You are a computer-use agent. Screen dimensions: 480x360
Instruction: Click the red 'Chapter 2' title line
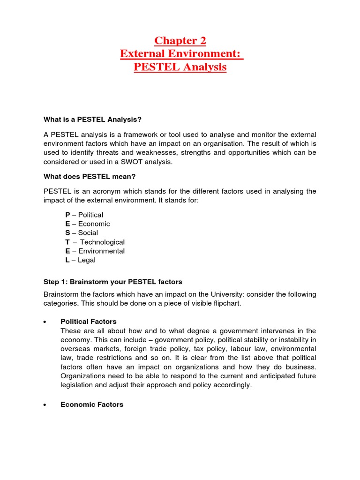click(x=180, y=41)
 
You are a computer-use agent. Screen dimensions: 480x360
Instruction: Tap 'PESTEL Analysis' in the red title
click(x=180, y=67)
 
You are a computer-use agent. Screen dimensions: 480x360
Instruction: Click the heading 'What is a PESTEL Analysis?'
click(x=92, y=119)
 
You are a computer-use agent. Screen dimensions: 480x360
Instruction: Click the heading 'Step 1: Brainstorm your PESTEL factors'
click(x=112, y=282)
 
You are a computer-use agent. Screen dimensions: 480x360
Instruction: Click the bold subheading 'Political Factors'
click(x=89, y=322)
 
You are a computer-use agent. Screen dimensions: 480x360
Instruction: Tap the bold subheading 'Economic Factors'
click(x=92, y=404)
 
